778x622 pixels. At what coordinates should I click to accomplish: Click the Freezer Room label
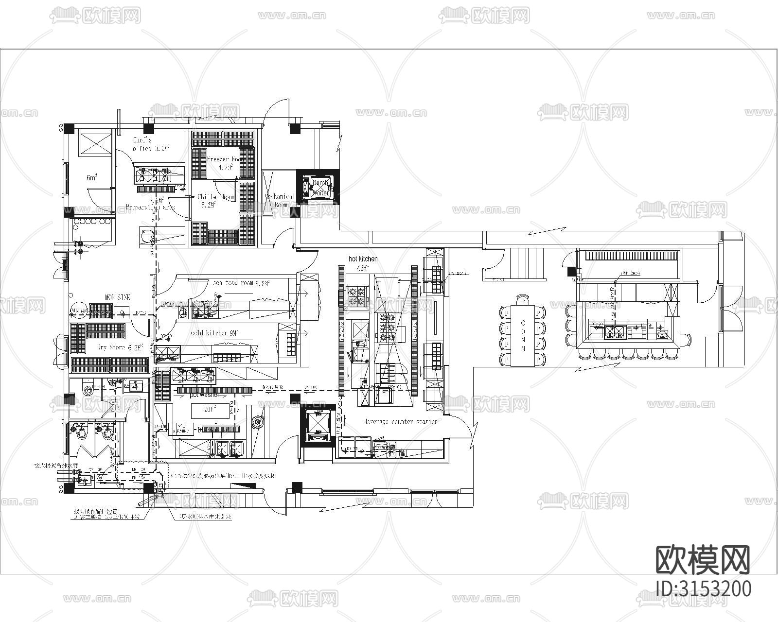tap(224, 159)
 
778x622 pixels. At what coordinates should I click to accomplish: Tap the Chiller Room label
tap(216, 197)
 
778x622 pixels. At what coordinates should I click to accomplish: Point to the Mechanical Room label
tap(280, 200)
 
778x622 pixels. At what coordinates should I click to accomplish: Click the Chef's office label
tap(150, 144)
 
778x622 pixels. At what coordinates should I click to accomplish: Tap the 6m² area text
tap(92, 178)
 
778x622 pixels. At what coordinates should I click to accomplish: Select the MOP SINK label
tap(117, 297)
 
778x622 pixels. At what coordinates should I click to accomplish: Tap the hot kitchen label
tap(363, 259)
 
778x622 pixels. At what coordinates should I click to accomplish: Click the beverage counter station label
tap(400, 421)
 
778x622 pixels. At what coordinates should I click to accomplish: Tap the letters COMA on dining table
tap(523, 335)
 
